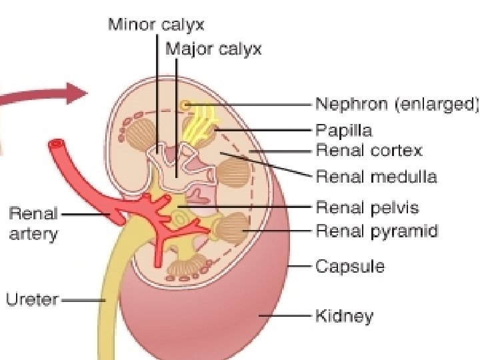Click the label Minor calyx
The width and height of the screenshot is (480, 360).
[156, 26]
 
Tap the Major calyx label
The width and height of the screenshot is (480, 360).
[213, 49]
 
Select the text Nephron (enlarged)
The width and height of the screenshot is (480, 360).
[397, 104]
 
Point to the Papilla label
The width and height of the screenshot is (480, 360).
[343, 129]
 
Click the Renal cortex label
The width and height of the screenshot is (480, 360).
[369, 151]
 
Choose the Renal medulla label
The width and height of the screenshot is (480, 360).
[376, 177]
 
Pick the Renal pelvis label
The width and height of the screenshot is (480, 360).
[367, 207]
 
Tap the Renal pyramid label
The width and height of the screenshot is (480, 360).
[376, 231]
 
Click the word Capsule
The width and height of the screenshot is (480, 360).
[349, 266]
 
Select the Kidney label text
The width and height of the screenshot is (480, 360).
[344, 315]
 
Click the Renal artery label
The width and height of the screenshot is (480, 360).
[33, 224]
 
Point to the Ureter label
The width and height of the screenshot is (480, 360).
[32, 300]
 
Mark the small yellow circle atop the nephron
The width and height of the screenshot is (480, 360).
[185, 105]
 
